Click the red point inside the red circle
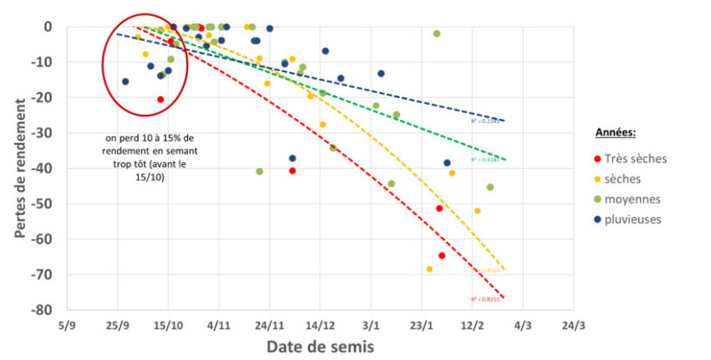click(x=160, y=100)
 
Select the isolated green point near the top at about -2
click(x=437, y=34)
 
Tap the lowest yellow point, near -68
click(x=429, y=269)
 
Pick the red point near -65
click(x=442, y=256)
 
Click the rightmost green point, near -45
click(x=491, y=187)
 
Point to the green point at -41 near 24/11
click(x=259, y=172)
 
